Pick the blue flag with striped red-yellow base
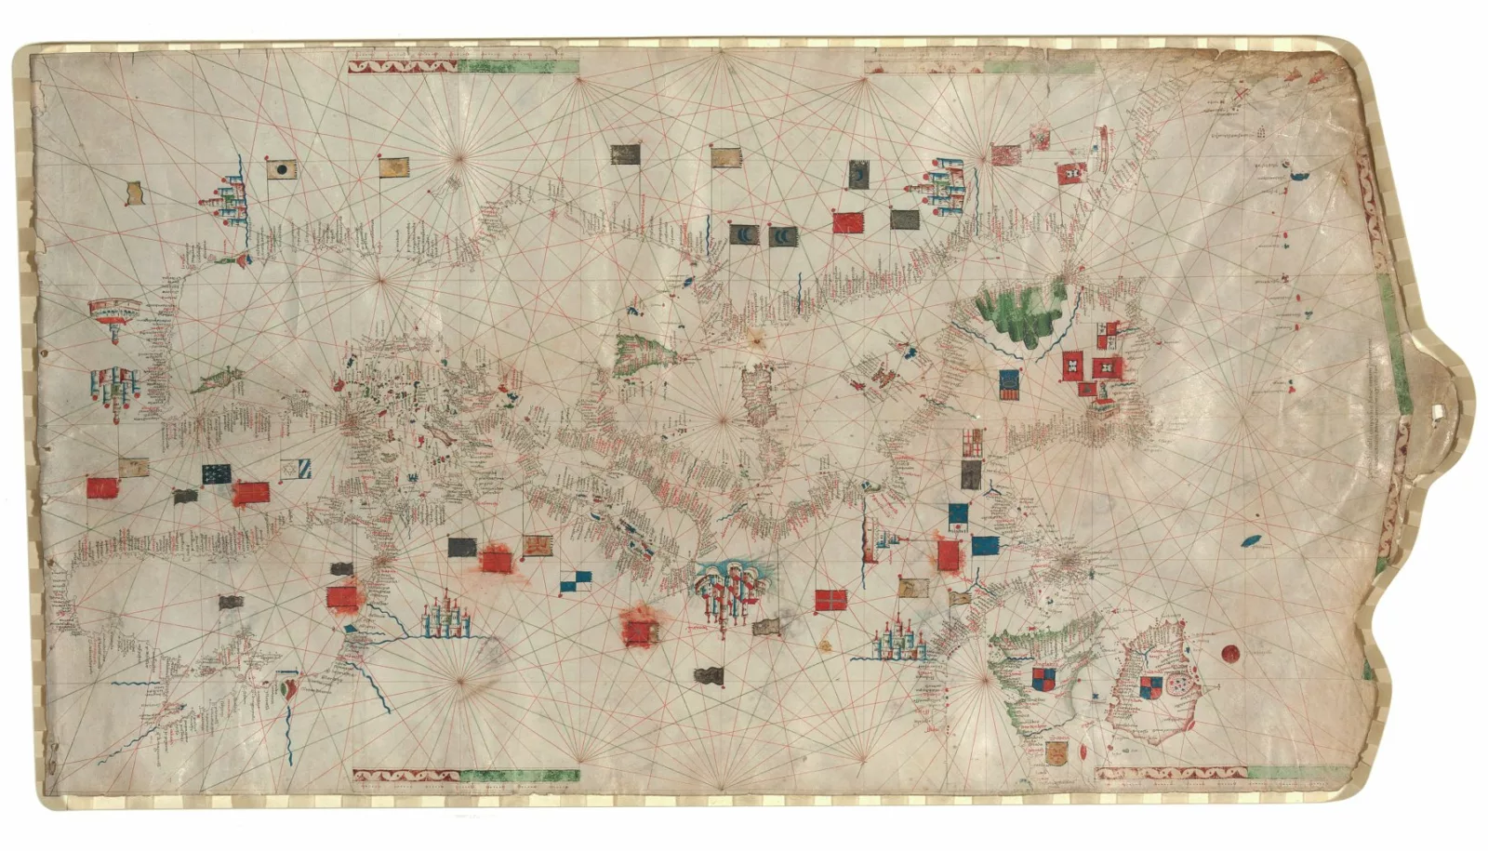[x=1009, y=384]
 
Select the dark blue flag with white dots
[x=217, y=473]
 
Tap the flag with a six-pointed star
[x=297, y=470]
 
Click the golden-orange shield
[x=1056, y=751]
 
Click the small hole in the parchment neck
[x=1441, y=410]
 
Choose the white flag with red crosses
[x=971, y=442]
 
